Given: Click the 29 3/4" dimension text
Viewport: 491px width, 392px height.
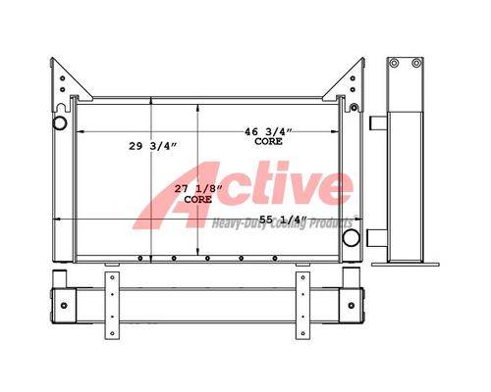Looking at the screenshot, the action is click(152, 146).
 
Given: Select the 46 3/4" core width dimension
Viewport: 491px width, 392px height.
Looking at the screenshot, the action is click(268, 131).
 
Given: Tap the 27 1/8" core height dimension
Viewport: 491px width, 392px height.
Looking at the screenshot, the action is click(198, 189).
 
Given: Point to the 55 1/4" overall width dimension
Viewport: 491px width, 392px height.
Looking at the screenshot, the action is click(284, 220).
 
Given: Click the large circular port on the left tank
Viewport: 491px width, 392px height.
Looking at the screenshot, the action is click(60, 122).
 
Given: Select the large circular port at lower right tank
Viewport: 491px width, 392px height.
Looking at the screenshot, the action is click(351, 237).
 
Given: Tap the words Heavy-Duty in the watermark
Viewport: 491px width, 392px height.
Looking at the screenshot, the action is click(235, 224).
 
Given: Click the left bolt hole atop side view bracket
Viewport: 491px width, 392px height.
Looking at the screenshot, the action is click(395, 63).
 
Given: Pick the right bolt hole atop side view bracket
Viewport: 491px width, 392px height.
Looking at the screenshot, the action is click(416, 63).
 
